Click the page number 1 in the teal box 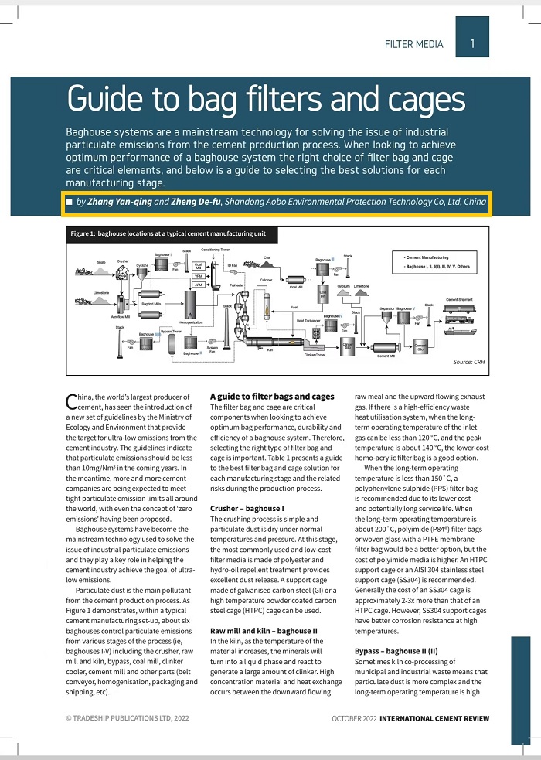(472, 44)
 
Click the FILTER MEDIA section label (413, 44)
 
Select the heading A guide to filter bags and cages (271, 397)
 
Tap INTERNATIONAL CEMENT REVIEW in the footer (434, 718)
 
